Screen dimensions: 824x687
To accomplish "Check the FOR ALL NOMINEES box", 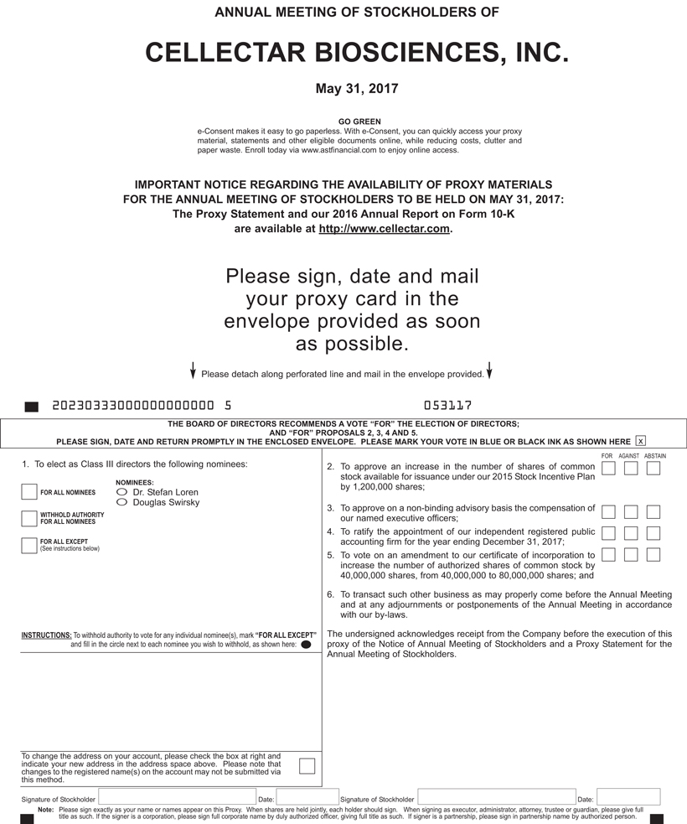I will (29, 492).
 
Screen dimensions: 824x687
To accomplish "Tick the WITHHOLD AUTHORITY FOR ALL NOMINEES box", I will (29, 518).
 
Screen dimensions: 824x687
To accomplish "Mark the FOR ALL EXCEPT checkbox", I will (29, 545).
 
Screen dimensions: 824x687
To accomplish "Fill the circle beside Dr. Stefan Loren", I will (122, 492).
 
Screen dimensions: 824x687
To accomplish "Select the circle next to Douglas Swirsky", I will (122, 502).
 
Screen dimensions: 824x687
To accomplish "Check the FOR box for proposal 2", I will (608, 468).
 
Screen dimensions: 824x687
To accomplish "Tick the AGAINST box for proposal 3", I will (631, 511).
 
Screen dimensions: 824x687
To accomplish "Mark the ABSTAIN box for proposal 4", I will (653, 533).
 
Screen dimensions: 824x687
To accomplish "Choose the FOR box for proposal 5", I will (608, 554).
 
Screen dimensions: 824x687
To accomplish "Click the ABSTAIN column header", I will (655, 456).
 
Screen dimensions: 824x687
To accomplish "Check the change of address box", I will (307, 765).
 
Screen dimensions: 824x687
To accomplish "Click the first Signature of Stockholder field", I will (177, 796).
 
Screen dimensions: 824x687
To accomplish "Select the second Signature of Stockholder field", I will (496, 796).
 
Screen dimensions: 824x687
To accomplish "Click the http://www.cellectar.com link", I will (385, 229).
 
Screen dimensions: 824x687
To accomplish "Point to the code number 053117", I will (448, 406).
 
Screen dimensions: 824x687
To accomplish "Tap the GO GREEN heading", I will (359, 122).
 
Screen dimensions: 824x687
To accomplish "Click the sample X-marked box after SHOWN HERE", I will (641, 441).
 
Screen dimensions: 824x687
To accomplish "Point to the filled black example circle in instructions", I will (306, 645).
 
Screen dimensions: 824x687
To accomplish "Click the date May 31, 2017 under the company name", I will (357, 88).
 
